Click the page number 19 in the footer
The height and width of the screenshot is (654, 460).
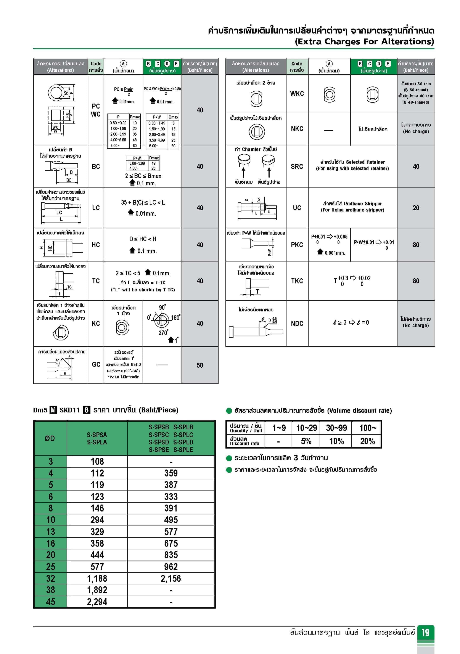tap(426, 632)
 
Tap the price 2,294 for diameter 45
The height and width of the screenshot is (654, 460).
tap(97, 602)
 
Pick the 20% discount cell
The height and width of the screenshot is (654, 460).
tap(367, 441)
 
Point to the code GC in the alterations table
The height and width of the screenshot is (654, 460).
tap(96, 365)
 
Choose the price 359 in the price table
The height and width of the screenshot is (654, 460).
tap(171, 473)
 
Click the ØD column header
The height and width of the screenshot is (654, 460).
tap(50, 438)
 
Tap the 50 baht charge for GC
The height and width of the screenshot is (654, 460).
tap(200, 365)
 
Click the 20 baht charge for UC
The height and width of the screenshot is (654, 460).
tap(416, 208)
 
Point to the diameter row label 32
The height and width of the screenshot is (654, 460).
tap(50, 579)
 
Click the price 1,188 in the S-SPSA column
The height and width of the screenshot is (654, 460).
tap(97, 579)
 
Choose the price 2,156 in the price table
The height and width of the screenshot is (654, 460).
tap(171, 579)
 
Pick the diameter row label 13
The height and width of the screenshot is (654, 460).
tap(50, 532)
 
